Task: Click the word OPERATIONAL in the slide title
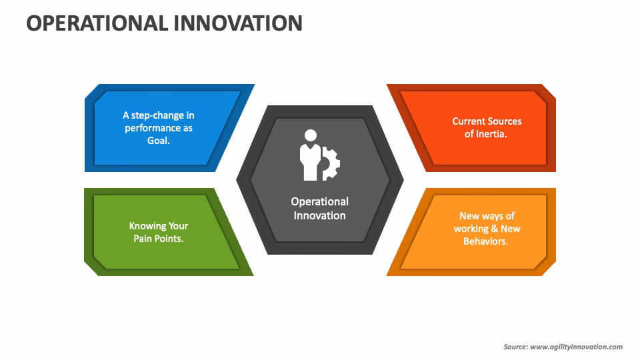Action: pyautogui.click(x=97, y=23)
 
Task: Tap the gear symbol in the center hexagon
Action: pyautogui.click(x=331, y=163)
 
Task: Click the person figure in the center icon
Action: pyautogui.click(x=309, y=155)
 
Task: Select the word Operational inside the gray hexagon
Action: pyautogui.click(x=319, y=201)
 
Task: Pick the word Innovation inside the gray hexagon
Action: pyautogui.click(x=319, y=215)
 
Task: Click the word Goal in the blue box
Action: pyautogui.click(x=157, y=141)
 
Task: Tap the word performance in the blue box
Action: pyautogui.click(x=153, y=128)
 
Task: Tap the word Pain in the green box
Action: pyautogui.click(x=143, y=239)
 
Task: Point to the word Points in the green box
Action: pyautogui.click(x=169, y=239)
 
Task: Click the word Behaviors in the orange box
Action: pyautogui.click(x=485, y=241)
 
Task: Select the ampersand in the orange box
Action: pyautogui.click(x=495, y=229)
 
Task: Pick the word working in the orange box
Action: pyautogui.click(x=471, y=229)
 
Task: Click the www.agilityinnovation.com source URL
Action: pyautogui.click(x=576, y=347)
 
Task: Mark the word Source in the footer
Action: pyautogui.click(x=515, y=347)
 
